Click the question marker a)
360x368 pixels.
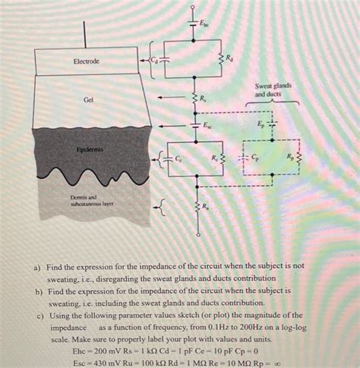(36, 267)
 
